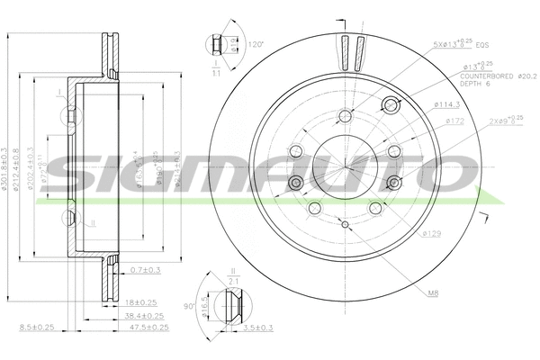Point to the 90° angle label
point(189,307)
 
